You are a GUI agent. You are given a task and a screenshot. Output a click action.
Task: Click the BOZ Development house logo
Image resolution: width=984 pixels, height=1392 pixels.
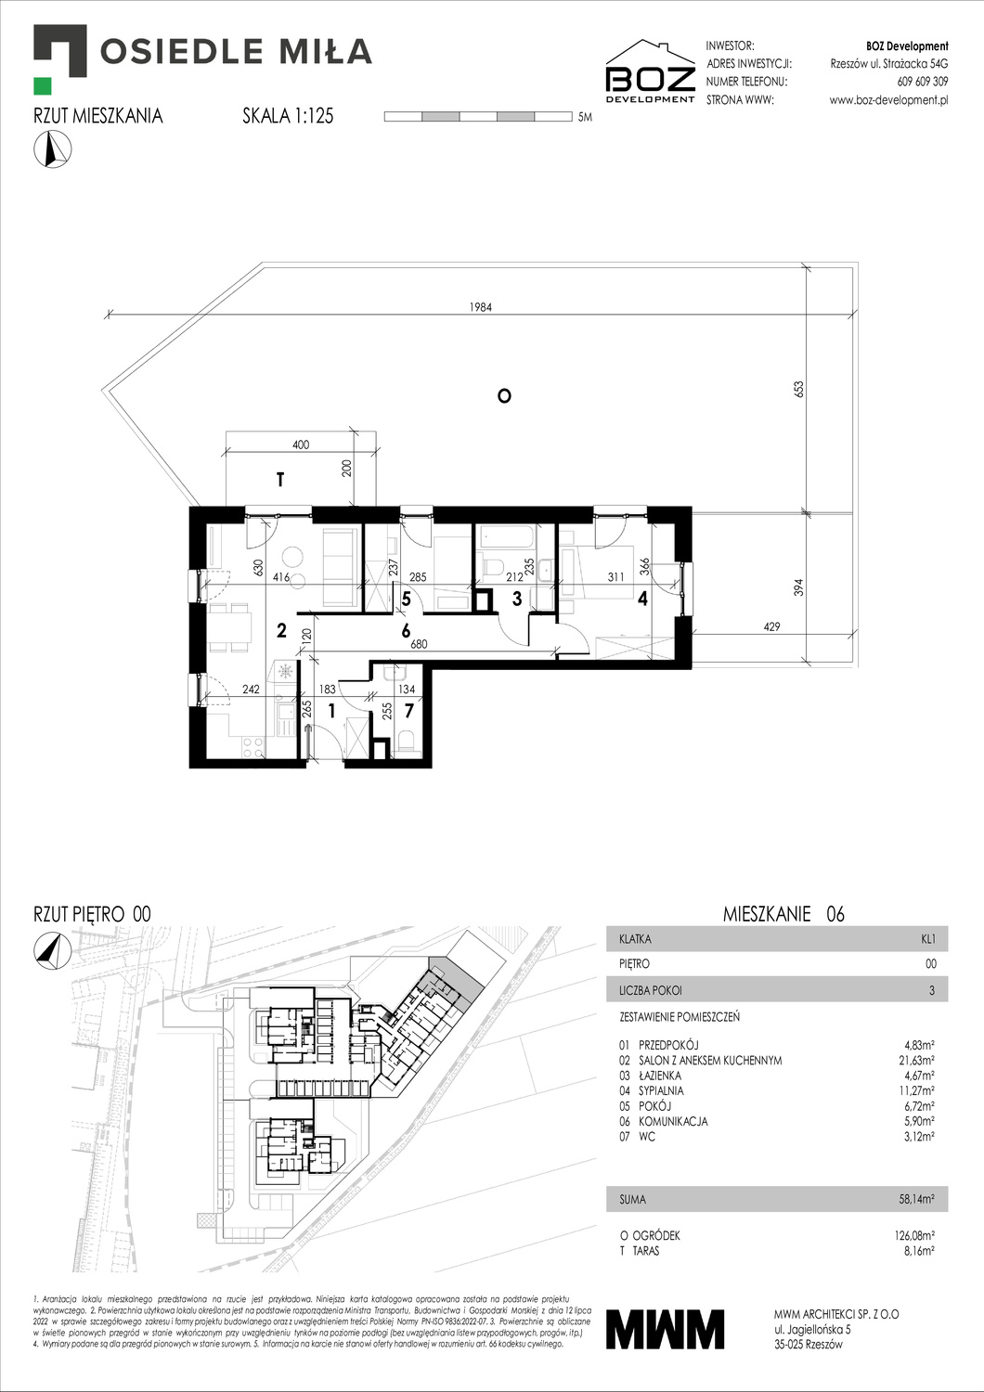coord(650,71)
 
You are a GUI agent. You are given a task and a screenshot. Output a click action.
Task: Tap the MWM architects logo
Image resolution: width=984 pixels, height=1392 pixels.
coord(665,1329)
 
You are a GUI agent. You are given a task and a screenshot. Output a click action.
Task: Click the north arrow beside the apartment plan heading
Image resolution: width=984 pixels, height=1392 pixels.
coord(52,149)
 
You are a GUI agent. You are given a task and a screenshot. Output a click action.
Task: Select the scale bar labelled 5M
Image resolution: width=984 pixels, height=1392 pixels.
coord(477,117)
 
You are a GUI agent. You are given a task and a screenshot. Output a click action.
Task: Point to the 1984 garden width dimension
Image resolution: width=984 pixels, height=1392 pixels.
coord(480,307)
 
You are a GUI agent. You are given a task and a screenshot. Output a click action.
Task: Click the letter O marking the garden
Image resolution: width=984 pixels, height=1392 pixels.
coord(504,396)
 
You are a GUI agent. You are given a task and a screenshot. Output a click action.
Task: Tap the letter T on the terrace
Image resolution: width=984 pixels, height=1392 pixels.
coord(279,480)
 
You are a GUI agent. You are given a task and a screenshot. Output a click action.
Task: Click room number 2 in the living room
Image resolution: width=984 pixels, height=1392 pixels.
coord(281,631)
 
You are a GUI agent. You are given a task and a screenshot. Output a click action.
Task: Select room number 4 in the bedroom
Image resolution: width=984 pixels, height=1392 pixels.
coord(642,599)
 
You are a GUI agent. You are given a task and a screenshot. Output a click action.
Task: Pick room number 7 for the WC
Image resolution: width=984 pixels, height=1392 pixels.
coord(408,713)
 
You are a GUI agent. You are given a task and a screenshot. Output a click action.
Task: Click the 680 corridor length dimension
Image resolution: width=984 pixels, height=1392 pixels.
coord(419,644)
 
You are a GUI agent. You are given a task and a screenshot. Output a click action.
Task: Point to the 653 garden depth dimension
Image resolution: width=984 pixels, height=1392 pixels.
coord(798,389)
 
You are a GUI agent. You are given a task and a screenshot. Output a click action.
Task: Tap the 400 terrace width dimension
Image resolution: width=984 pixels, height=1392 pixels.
coord(301,445)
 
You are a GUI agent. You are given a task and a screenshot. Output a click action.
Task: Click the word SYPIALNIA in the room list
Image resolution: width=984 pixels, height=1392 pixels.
coord(661,1090)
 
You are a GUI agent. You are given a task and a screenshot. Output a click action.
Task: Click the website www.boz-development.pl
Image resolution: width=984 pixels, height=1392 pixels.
coord(888,100)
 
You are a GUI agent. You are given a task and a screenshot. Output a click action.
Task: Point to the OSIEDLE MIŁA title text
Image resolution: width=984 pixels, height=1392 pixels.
coord(236,51)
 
